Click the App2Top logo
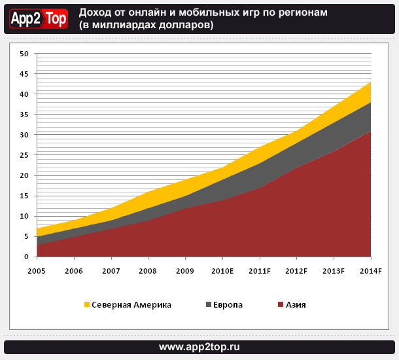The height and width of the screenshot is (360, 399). click(38, 19)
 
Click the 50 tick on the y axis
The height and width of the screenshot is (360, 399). click(24, 54)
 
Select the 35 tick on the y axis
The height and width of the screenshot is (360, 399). click(24, 115)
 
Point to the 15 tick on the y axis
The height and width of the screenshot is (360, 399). click(24, 196)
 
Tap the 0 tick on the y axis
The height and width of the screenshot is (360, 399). click(26, 257)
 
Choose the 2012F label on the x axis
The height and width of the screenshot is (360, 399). click(297, 271)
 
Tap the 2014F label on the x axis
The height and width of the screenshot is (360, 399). click(370, 271)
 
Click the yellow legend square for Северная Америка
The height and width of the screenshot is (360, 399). click(86, 304)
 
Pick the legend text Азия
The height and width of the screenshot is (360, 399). click(296, 304)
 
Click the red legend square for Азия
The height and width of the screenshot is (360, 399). click(281, 304)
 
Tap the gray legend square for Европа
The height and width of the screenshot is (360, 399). click(209, 304)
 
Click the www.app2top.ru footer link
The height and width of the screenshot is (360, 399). click(199, 346)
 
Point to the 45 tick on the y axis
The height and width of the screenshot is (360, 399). click(24, 74)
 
